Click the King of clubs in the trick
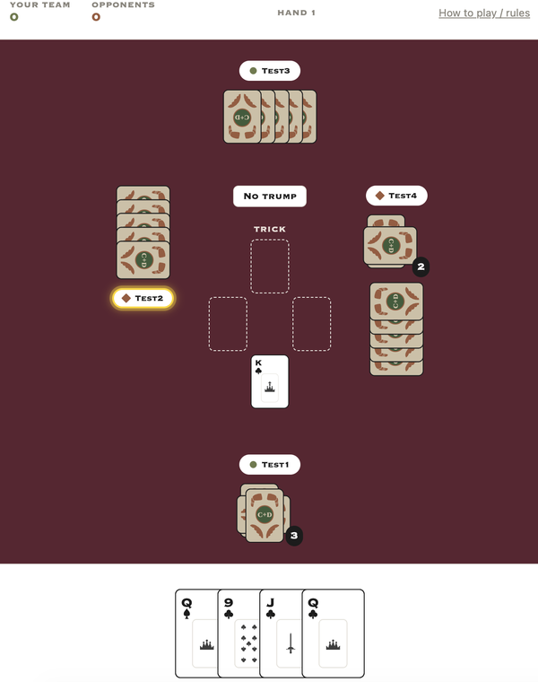point(269,381)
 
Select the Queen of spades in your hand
point(196,633)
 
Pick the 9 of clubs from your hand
point(239,633)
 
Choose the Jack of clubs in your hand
point(281,633)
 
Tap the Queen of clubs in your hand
point(333,633)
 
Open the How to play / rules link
point(484,13)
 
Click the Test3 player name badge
point(269,71)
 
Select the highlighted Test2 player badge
point(143,298)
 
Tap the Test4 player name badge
point(396,196)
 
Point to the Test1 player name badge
point(269,465)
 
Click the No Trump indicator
point(269,197)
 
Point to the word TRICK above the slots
point(269,229)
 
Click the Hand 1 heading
point(297,13)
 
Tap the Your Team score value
point(14,17)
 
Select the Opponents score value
point(96,17)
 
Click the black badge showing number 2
point(421,267)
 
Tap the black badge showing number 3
point(294,536)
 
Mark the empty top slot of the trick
point(269,267)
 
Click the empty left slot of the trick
point(228,324)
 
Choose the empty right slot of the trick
point(311,324)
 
